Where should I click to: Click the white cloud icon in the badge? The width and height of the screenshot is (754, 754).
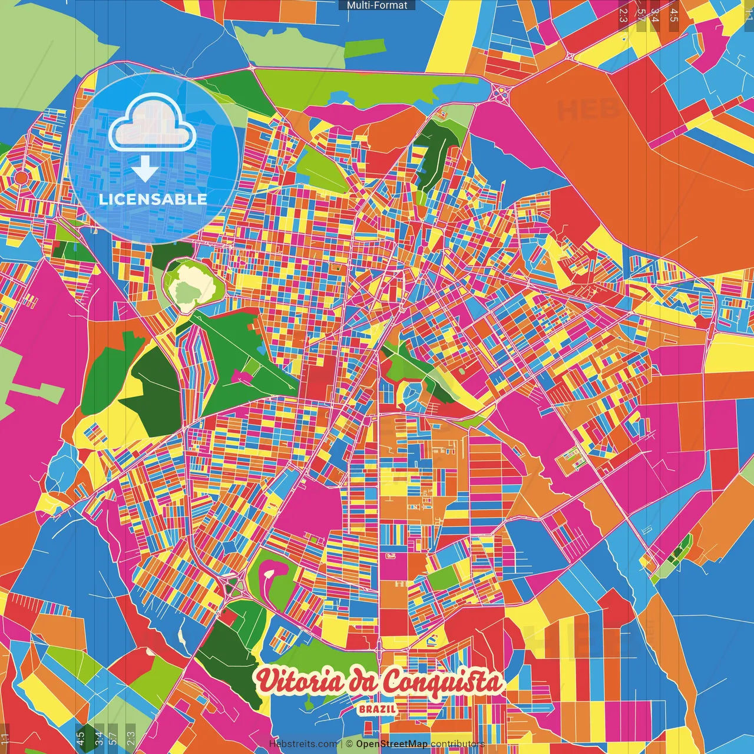[x=152, y=125]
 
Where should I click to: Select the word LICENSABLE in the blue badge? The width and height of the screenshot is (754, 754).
[x=153, y=199]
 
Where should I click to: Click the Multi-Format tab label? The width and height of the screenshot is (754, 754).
[x=377, y=5]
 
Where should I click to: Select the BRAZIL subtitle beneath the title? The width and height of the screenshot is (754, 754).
[x=377, y=709]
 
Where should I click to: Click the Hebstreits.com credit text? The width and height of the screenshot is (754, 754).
[x=303, y=744]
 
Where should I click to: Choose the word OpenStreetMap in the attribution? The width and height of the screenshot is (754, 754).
[x=392, y=744]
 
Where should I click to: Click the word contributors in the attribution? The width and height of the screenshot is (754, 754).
[x=457, y=744]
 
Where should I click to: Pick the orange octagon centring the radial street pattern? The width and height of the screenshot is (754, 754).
[x=21, y=177]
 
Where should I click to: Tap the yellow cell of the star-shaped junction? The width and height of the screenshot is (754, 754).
[x=501, y=94]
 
